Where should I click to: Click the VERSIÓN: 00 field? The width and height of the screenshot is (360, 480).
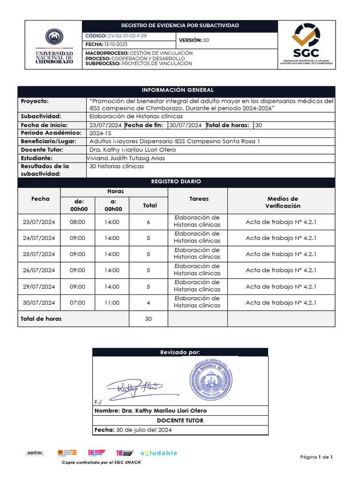(x=193, y=40)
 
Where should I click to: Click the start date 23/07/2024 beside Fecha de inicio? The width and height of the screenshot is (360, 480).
(x=105, y=125)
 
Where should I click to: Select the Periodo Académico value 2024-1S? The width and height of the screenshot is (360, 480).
(x=99, y=133)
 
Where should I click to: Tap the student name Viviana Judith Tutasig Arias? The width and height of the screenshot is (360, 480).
(x=126, y=158)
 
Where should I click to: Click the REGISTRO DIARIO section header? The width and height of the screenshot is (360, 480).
(x=176, y=181)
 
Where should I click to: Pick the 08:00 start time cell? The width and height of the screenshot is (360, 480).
(x=77, y=222)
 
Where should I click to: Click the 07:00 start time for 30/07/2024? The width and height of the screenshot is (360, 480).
(x=77, y=303)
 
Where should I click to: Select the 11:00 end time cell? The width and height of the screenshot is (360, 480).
(x=112, y=303)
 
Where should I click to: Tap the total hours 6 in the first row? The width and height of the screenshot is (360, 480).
(x=148, y=222)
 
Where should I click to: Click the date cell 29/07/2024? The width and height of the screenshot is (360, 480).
(x=39, y=287)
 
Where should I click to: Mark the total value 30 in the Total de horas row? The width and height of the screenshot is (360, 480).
(x=148, y=319)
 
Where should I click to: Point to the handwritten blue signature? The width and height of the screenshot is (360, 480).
(x=134, y=386)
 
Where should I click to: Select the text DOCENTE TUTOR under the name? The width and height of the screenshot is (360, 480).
(x=180, y=420)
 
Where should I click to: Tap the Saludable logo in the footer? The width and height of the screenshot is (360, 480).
(x=159, y=453)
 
